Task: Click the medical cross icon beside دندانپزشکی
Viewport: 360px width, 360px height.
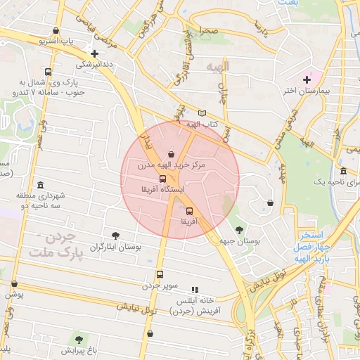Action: pyautogui.click(x=94, y=53)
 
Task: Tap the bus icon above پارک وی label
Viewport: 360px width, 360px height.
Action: pyautogui.click(x=47, y=72)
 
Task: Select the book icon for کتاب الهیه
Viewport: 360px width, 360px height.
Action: pyautogui.click(x=202, y=113)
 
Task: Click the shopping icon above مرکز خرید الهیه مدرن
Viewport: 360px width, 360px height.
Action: pyautogui.click(x=171, y=154)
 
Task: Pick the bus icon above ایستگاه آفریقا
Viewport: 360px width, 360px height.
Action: pyautogui.click(x=163, y=179)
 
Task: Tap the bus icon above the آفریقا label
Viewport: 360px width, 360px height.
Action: pyautogui.click(x=188, y=211)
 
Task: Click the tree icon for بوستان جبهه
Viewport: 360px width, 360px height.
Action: pyautogui.click(x=240, y=229)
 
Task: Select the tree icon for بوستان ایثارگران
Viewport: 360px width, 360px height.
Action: pyautogui.click(x=116, y=236)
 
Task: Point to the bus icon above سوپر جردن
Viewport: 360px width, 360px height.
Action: pyautogui.click(x=160, y=275)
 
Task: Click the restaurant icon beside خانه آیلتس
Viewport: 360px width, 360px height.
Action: pyautogui.click(x=195, y=289)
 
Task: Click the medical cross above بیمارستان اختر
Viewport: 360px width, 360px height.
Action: pyautogui.click(x=307, y=79)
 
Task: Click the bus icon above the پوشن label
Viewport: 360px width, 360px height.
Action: pyautogui.click(x=14, y=284)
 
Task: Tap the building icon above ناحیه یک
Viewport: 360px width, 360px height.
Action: pyautogui.click(x=342, y=172)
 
